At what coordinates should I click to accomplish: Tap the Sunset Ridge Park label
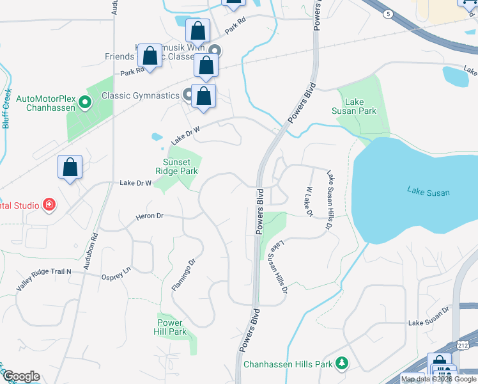click(x=176, y=166)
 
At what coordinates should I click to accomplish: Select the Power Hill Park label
click(x=170, y=327)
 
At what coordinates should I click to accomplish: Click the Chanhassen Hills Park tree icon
click(x=343, y=364)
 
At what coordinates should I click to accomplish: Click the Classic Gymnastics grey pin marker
click(x=189, y=95)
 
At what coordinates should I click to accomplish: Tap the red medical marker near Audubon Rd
click(x=49, y=205)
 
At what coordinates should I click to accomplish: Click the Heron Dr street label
click(x=150, y=216)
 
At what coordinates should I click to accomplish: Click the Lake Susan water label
click(x=428, y=191)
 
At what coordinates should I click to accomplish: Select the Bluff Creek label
click(x=6, y=108)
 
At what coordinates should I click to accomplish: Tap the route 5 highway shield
click(x=388, y=13)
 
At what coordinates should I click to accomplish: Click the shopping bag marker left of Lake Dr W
click(x=70, y=167)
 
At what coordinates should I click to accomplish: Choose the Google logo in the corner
click(x=21, y=376)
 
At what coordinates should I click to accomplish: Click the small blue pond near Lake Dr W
click(x=157, y=136)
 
